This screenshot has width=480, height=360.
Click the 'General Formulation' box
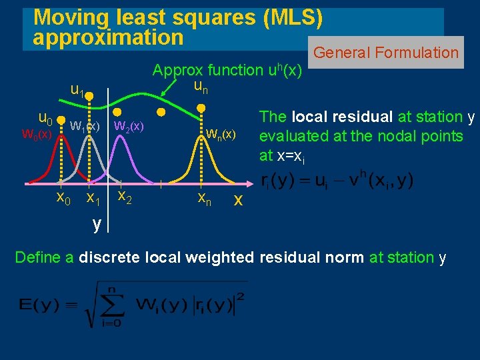pos(386,53)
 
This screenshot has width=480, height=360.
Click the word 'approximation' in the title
pos(108,37)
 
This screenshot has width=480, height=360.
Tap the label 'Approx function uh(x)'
pos(227,70)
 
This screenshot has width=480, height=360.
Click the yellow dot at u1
pos(89,96)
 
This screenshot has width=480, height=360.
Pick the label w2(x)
pos(129,125)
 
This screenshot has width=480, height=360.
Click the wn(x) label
pos(221,134)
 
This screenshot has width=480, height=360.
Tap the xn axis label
pos(204,199)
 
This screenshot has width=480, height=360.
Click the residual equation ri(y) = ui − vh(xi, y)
pos(336,181)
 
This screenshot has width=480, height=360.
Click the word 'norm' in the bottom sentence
pos(345,257)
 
